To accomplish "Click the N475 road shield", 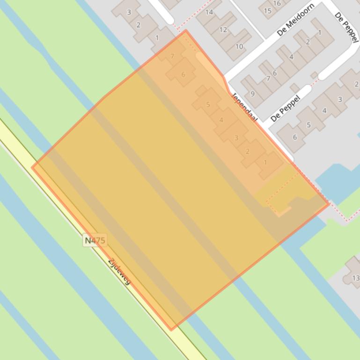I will pyautogui.click(x=95, y=240).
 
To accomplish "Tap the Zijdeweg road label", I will pyautogui.click(x=119, y=271).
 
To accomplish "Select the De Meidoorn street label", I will pyautogui.click(x=295, y=19).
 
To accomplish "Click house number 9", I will pyautogui.click(x=253, y=94).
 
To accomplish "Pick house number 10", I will pyautogui.click(x=239, y=46).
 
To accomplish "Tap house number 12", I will pyautogui.click(x=223, y=29).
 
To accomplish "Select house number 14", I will pyautogui.click(x=209, y=12).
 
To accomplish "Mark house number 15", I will pyautogui.click(x=268, y=11).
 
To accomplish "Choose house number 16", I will pyautogui.click(x=277, y=3).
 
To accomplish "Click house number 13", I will pyautogui.click(x=355, y=278).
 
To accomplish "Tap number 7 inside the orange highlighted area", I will pyautogui.click(x=172, y=56).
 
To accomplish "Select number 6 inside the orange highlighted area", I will pyautogui.click(x=183, y=74).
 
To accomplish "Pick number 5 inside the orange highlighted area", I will pyautogui.click(x=208, y=105).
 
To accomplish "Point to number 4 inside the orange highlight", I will pyautogui.click(x=221, y=120).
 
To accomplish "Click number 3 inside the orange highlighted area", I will pyautogui.click(x=236, y=137).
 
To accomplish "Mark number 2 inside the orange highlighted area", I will pyautogui.click(x=248, y=151).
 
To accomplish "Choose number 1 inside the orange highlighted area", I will pyautogui.click(x=265, y=162).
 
